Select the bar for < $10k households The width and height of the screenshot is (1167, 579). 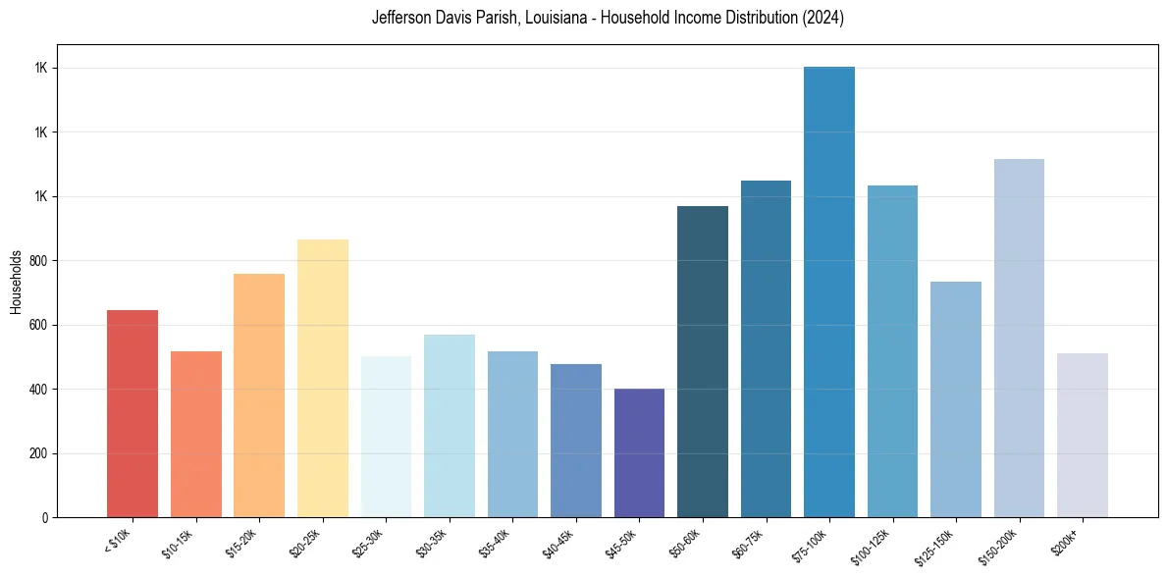(x=133, y=413)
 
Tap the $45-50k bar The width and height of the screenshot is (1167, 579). (x=639, y=452)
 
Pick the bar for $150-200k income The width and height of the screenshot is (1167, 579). (x=1019, y=338)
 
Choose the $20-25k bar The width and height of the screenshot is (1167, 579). (x=322, y=378)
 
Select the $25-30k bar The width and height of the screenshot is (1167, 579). (x=386, y=437)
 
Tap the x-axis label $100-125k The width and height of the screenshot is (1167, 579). (x=873, y=544)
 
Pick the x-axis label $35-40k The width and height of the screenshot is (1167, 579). (x=495, y=542)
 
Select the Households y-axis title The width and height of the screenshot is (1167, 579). (x=17, y=281)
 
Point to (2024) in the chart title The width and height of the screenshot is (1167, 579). (x=822, y=19)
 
